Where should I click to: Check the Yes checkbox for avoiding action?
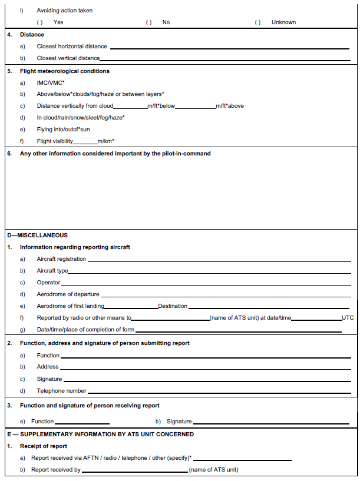click(x=40, y=22)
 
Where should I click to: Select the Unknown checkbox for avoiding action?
click(x=257, y=22)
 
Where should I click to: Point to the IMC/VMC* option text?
click(x=51, y=83)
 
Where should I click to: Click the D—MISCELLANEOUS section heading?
click(x=38, y=235)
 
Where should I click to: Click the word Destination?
click(x=173, y=306)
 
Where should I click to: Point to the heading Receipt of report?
click(x=44, y=446)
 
